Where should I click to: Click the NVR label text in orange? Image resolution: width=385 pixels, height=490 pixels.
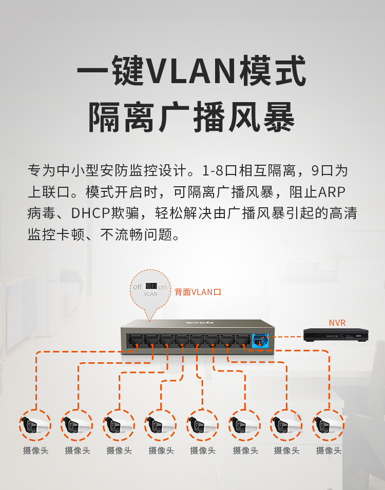(337, 323)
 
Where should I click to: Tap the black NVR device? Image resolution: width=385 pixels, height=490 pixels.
(336, 335)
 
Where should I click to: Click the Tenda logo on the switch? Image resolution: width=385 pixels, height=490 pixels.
(199, 323)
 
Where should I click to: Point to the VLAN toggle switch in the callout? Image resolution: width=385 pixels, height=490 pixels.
(151, 286)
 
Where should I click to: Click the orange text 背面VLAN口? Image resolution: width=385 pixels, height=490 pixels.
(198, 292)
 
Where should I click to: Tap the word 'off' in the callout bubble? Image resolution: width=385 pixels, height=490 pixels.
(138, 287)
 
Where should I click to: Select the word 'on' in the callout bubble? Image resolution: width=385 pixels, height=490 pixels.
(162, 287)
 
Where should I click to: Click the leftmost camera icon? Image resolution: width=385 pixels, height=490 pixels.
(35, 425)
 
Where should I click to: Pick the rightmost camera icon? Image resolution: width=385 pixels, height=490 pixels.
(328, 425)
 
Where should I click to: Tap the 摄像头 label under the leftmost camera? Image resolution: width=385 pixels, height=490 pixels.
(35, 450)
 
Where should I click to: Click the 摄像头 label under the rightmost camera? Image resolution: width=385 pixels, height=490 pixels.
(329, 450)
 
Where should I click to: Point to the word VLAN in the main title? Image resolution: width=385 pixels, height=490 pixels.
(190, 71)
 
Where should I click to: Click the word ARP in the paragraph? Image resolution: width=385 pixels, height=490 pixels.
(332, 192)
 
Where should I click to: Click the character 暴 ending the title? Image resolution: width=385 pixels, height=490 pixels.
(279, 117)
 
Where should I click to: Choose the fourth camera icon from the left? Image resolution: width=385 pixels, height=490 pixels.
(161, 425)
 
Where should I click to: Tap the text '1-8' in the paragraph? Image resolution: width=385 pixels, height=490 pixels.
(213, 171)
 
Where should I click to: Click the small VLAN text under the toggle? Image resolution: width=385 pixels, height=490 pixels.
(150, 294)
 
